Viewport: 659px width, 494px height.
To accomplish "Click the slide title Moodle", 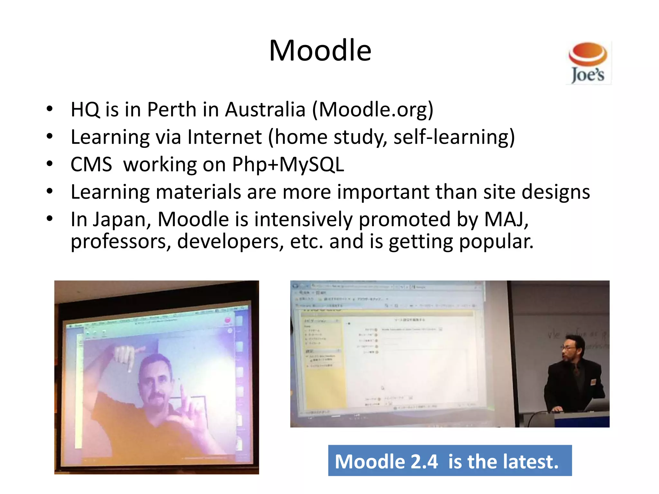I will pos(320,50).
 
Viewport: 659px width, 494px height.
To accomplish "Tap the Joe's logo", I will pos(588,63).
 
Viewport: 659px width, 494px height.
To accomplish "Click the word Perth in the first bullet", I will pos(172,110).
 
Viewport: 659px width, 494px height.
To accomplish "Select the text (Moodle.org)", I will pos(373,110).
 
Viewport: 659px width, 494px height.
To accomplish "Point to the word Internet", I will pos(225,137).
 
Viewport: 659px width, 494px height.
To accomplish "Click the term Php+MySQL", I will pos(288,165).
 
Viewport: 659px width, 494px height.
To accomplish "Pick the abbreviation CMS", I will pos(91,165).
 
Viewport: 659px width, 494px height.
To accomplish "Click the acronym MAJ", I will pos(506,219).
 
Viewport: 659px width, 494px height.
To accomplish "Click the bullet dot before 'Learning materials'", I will pos(49,192).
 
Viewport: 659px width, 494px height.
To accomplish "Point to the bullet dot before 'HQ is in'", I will pos(49,109).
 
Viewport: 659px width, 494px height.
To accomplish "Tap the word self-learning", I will pos(454,137).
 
